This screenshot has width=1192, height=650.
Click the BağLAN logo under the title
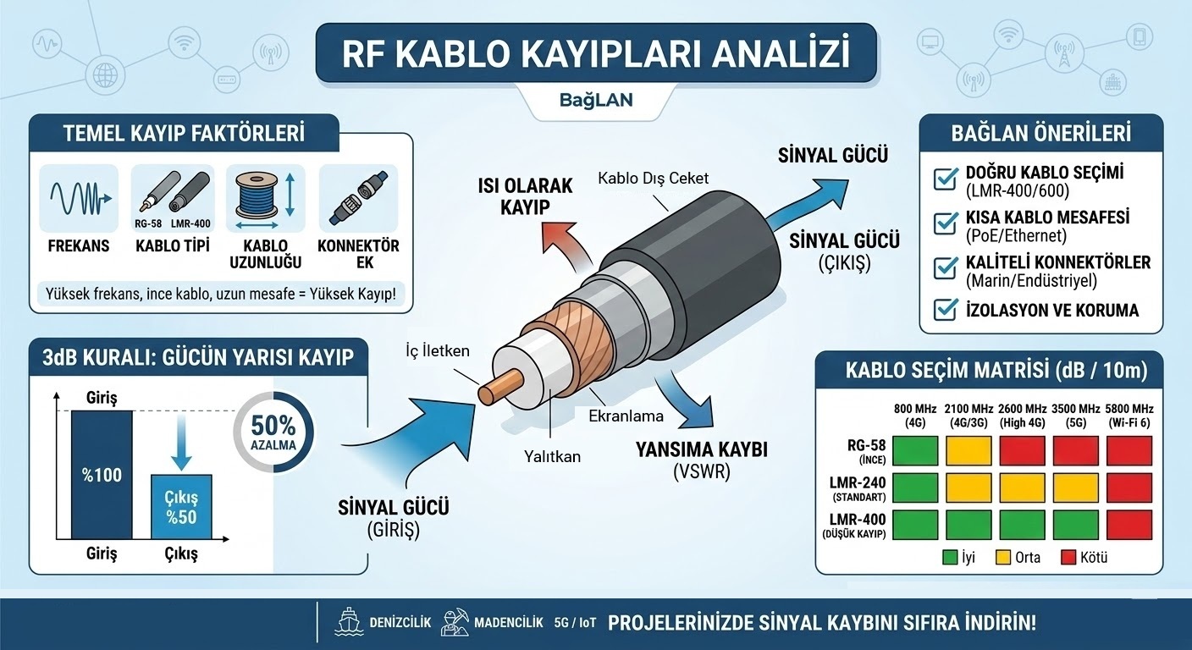(596, 100)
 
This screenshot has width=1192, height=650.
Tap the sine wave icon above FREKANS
(80, 198)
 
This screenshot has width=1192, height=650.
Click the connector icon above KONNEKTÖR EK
(357, 198)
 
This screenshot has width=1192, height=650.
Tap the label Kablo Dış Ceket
(653, 179)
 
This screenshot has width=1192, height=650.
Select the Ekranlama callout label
(626, 416)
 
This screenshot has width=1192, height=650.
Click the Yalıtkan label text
(552, 456)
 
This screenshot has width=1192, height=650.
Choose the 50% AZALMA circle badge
(273, 432)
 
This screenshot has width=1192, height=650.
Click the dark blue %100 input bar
(102, 475)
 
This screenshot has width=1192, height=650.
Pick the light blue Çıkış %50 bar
(181, 507)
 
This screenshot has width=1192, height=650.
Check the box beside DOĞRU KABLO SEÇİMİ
(946, 179)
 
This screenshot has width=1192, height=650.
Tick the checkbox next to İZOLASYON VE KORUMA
(946, 310)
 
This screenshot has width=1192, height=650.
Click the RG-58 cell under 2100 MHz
(968, 450)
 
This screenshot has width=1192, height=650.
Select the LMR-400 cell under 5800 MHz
(1129, 525)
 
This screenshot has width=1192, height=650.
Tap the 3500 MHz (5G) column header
(1075, 416)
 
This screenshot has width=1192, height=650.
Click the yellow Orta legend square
(1002, 557)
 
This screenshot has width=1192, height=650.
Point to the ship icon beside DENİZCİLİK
(349, 622)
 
